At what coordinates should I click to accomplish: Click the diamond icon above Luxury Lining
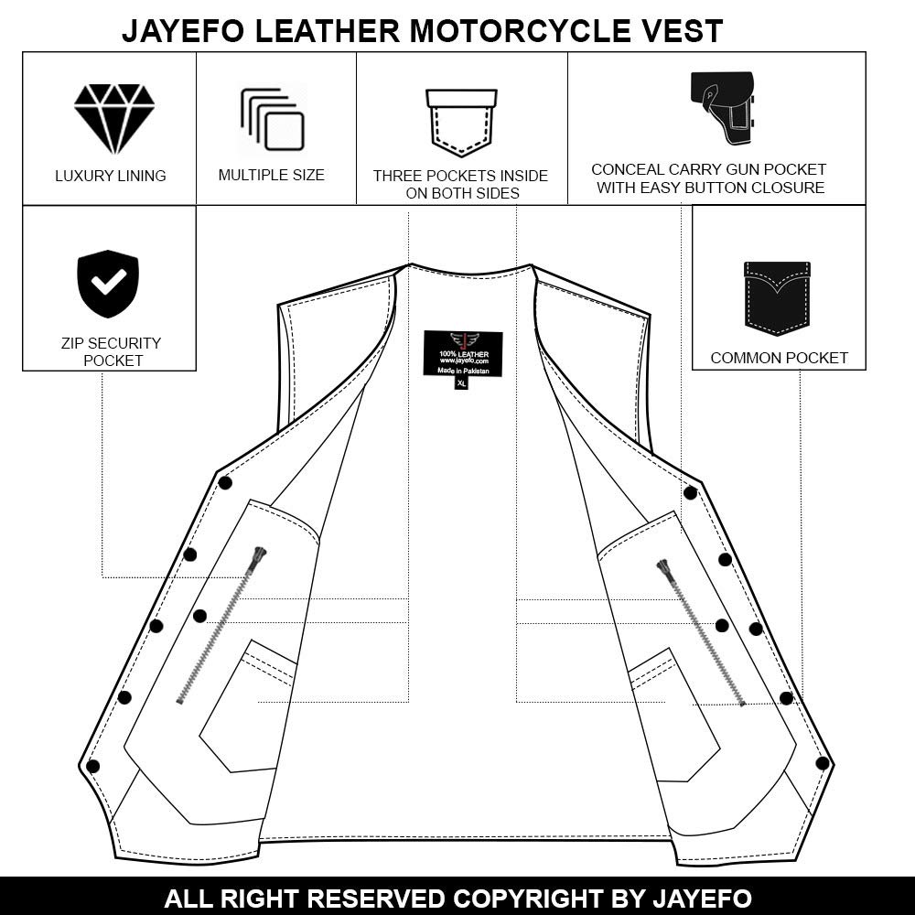tap(114, 119)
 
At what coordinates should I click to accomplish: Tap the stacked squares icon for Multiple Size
tap(273, 120)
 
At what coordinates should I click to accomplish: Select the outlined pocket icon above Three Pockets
tap(461, 123)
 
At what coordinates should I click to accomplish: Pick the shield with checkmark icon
tap(108, 284)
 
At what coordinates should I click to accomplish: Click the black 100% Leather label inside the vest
tap(463, 353)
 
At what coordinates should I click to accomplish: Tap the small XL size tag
tap(462, 383)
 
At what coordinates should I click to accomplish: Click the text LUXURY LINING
tap(111, 176)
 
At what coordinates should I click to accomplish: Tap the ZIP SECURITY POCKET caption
tap(110, 351)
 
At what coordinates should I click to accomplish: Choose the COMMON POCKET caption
tap(779, 358)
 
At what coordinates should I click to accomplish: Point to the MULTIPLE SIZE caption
tap(271, 175)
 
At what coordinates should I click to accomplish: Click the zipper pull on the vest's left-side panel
tap(260, 556)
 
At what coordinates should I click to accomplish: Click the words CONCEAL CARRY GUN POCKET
tap(708, 169)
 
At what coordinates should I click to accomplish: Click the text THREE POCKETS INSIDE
tap(460, 176)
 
